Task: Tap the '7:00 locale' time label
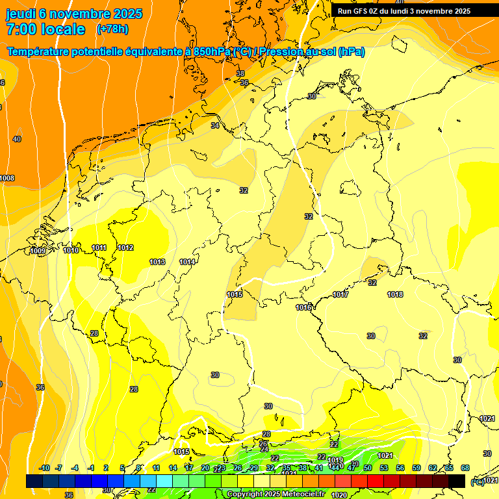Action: click(x=45, y=29)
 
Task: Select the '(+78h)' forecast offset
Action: click(x=112, y=29)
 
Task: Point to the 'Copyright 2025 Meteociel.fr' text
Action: click(x=275, y=494)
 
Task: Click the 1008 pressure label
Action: click(x=6, y=178)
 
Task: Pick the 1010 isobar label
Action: click(x=71, y=250)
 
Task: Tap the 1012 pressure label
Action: click(x=125, y=248)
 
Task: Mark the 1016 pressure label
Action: click(x=303, y=307)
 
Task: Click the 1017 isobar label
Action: click(x=341, y=294)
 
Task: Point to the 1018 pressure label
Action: click(x=395, y=294)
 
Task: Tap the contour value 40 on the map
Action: click(x=17, y=139)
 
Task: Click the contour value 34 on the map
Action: click(x=215, y=125)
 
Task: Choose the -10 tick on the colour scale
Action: click(x=44, y=468)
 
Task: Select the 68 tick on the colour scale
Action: click(x=465, y=468)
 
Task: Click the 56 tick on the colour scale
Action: click(x=400, y=468)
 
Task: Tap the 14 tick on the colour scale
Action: click(x=173, y=468)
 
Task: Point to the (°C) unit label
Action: click(x=477, y=481)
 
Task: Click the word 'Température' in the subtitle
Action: click(x=42, y=51)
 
